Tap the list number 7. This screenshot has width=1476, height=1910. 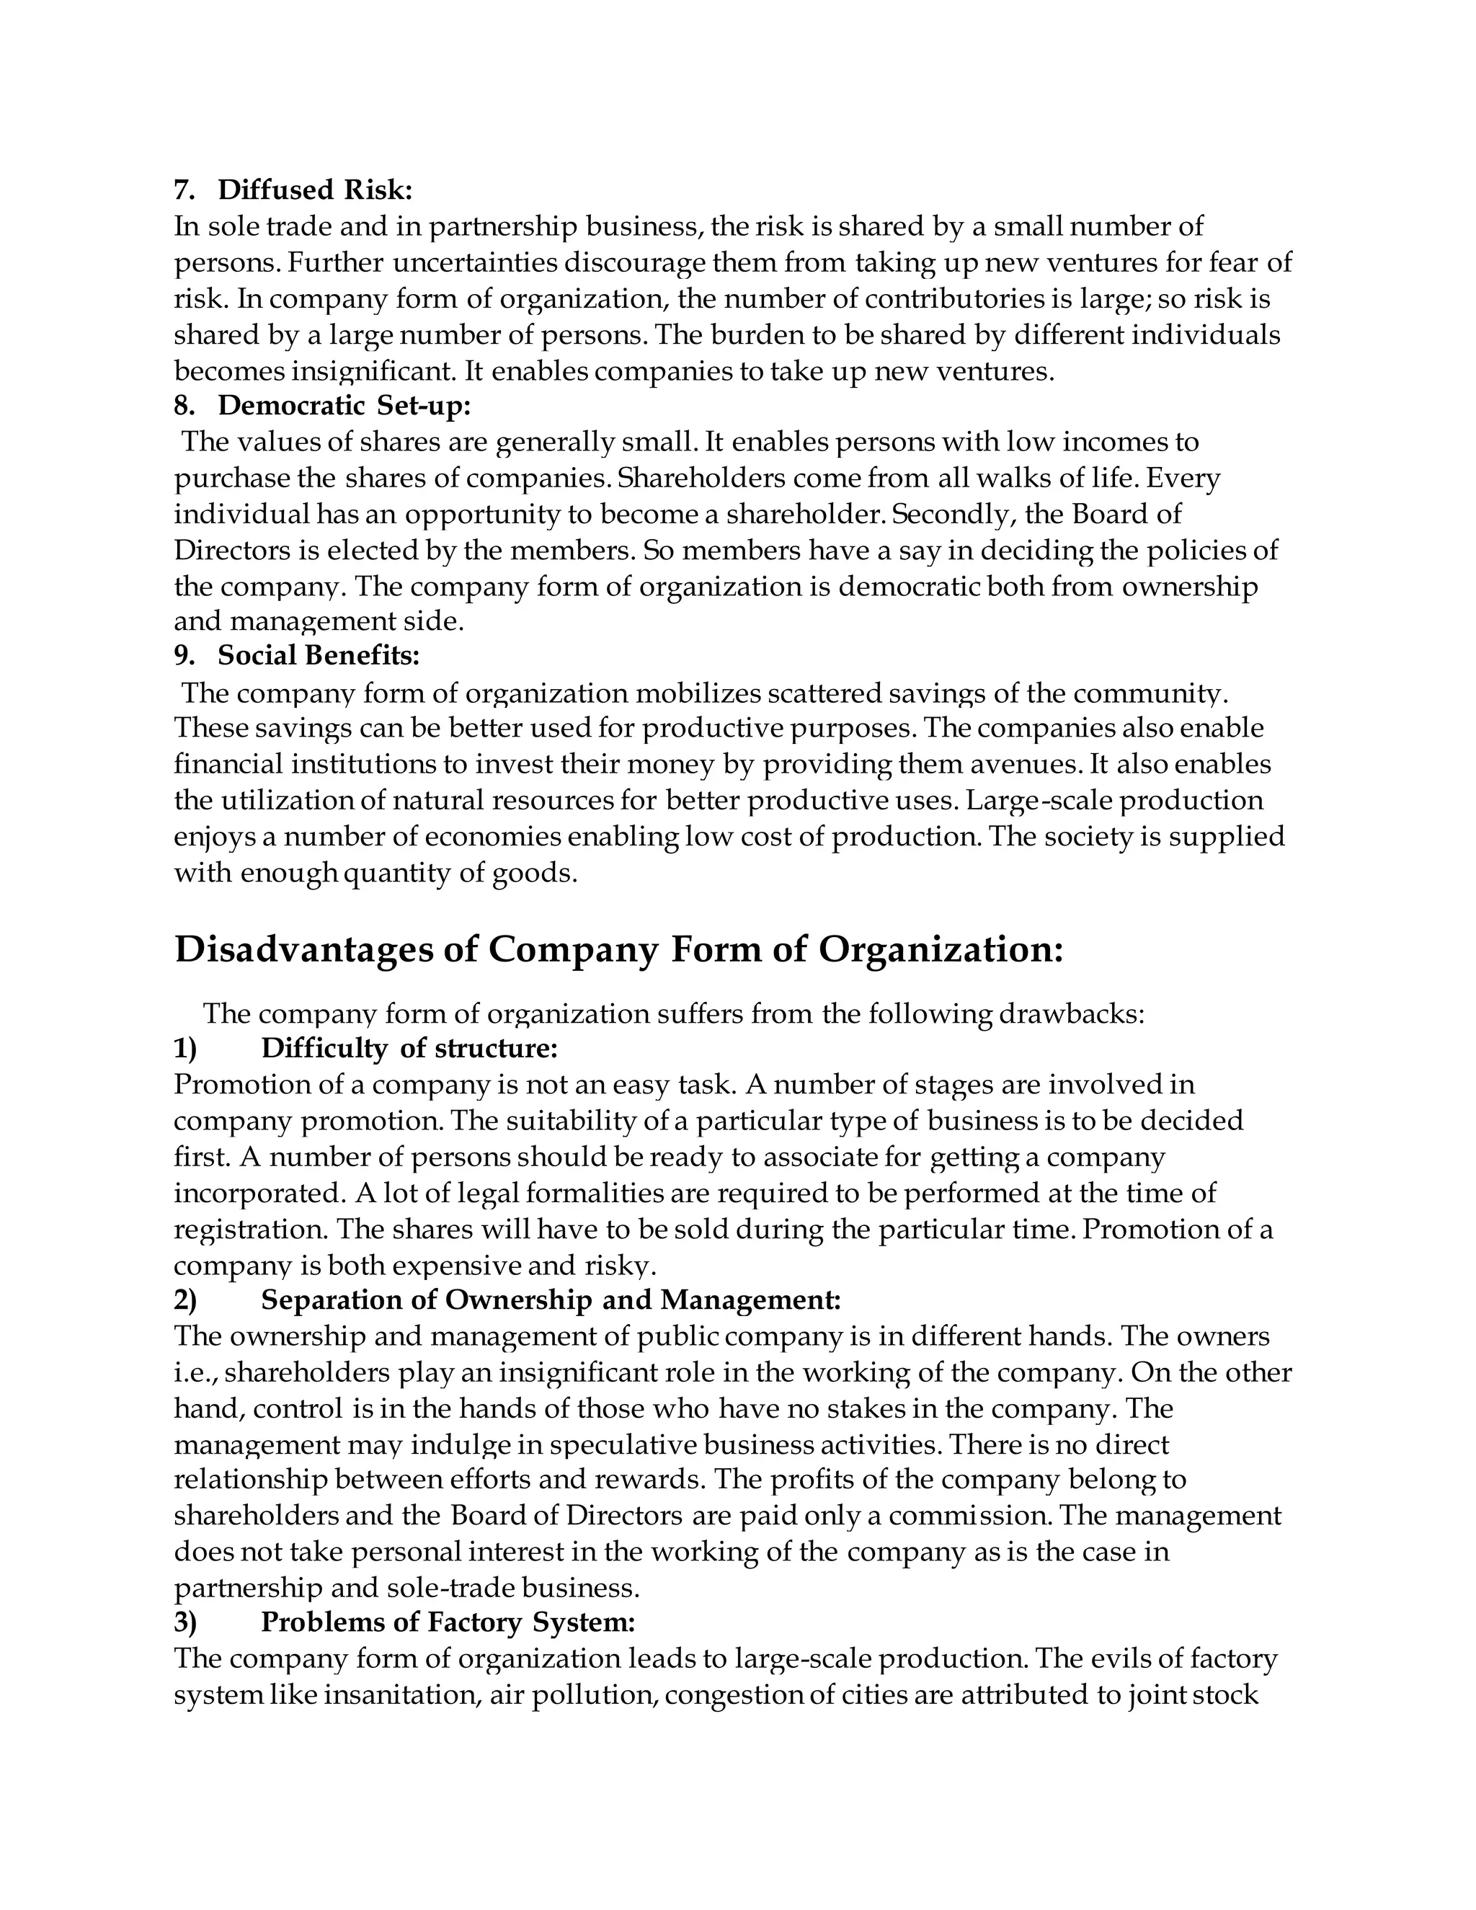[183, 190]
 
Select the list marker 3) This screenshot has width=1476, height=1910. [185, 1622]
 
